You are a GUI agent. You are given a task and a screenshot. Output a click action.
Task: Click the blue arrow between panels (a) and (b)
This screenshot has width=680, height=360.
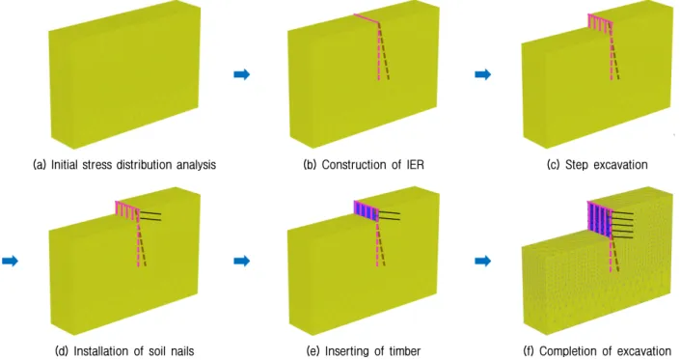[241, 74]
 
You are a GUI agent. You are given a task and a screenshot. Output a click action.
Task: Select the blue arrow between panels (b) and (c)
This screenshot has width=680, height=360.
[482, 74]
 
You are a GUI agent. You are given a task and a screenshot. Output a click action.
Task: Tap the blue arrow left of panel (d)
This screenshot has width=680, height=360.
[10, 261]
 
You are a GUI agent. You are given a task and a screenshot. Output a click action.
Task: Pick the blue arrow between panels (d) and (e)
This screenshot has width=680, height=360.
[241, 261]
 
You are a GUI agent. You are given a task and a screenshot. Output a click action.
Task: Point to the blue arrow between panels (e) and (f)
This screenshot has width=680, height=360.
[482, 261]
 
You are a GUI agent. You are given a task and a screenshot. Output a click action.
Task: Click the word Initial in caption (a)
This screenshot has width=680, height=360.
[63, 165]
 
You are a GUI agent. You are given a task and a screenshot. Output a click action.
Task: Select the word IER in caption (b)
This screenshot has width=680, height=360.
[415, 165]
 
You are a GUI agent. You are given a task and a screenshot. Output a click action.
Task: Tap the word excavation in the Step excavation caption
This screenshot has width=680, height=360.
[620, 165]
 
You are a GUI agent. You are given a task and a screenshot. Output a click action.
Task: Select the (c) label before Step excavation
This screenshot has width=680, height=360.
[553, 165]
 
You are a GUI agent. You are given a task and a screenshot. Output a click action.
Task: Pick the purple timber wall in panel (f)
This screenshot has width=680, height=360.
[599, 220]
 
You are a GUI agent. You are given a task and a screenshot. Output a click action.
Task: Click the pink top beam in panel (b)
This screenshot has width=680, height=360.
[367, 18]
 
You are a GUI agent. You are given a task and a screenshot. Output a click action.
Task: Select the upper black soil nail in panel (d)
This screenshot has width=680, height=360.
[150, 212]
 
